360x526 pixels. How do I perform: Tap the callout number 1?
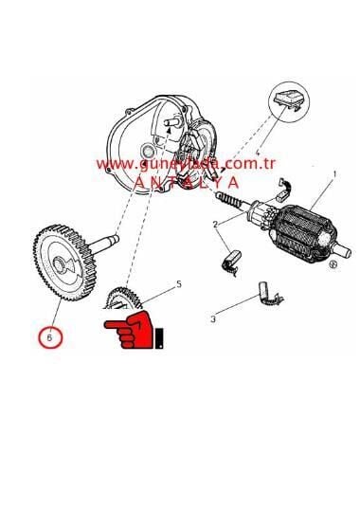pyautogui.click(x=333, y=174)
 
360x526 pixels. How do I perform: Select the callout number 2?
pyautogui.click(x=216, y=224)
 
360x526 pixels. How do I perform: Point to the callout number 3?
pyautogui.click(x=212, y=318)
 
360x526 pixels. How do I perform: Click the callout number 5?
pyautogui.click(x=179, y=283)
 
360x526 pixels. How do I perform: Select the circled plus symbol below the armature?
pyautogui.click(x=331, y=268)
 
